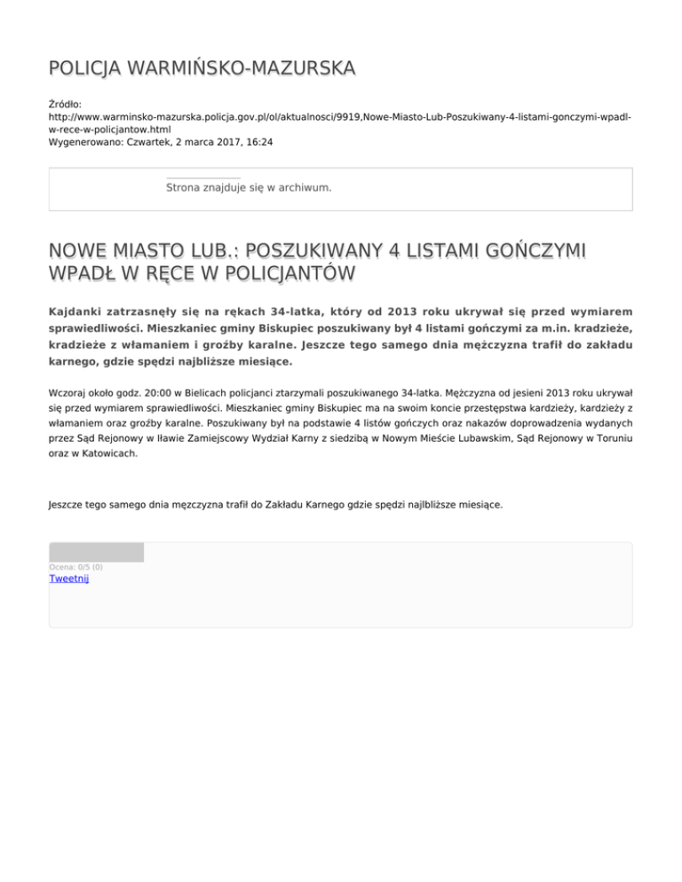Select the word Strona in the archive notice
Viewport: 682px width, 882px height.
[x=185, y=188]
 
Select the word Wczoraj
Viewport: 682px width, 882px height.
[x=67, y=390]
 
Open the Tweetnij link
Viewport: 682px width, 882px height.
[x=68, y=579]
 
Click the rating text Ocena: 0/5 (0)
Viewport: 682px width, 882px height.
[x=75, y=567]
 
